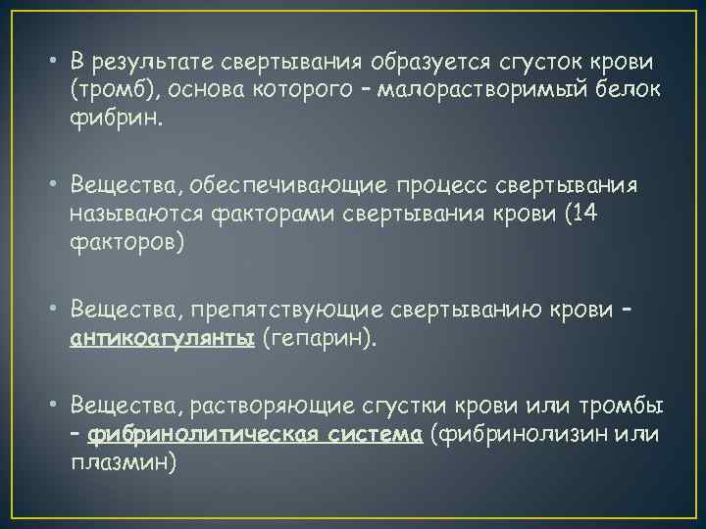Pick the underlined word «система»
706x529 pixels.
pyautogui.click(x=376, y=434)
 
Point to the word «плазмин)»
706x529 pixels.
pyautogui.click(x=124, y=462)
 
